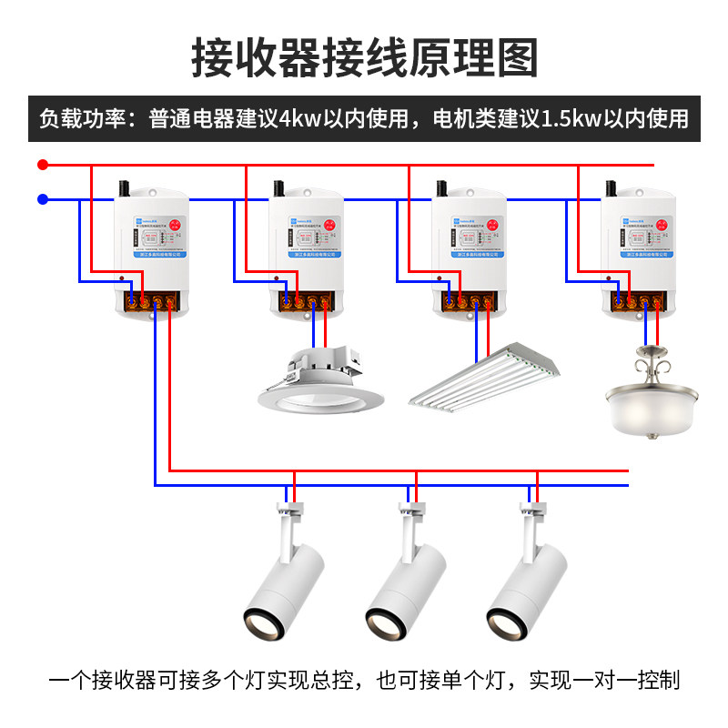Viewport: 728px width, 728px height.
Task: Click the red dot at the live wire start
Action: click(42, 165)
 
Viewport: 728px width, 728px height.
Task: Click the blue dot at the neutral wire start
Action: click(42, 198)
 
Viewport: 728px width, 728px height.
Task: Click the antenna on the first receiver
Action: click(122, 188)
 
